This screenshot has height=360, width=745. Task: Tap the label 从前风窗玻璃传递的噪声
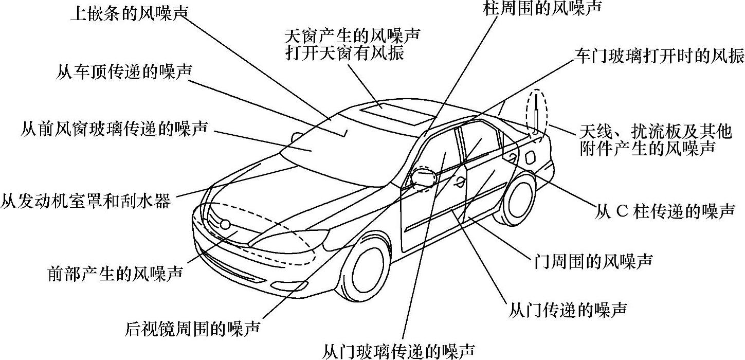click(x=114, y=128)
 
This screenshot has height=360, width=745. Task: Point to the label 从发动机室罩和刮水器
click(x=85, y=200)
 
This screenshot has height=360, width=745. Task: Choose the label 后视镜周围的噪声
click(x=193, y=328)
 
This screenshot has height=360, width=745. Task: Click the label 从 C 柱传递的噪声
click(x=665, y=211)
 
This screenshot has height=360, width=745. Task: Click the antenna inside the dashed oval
click(x=535, y=114)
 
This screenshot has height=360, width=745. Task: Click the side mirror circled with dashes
click(x=423, y=177)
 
